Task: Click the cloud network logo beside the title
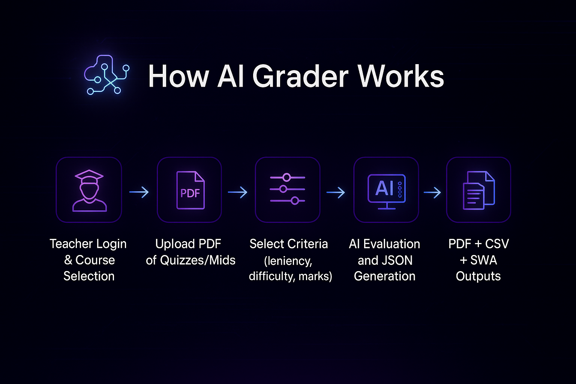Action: click(x=106, y=75)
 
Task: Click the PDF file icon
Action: click(x=190, y=190)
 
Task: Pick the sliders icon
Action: click(x=287, y=189)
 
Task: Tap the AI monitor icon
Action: click(x=386, y=190)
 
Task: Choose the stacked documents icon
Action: click(x=478, y=190)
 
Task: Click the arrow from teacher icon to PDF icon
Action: click(x=139, y=192)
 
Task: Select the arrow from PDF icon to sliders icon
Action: click(x=238, y=192)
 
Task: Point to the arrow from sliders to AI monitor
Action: click(x=336, y=193)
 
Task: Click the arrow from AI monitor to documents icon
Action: click(x=432, y=193)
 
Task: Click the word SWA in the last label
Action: click(x=484, y=260)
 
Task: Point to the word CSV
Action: click(x=496, y=244)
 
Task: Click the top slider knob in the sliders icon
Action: click(x=287, y=177)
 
